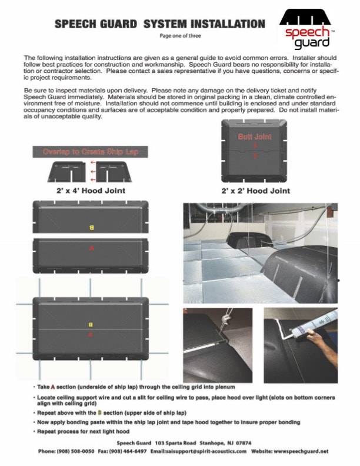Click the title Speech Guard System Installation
pyautogui.click(x=159, y=24)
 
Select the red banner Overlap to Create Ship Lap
pyautogui.click(x=90, y=152)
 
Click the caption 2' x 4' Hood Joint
pyautogui.click(x=86, y=191)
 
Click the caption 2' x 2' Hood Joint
pyautogui.click(x=256, y=191)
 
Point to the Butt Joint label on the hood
pyautogui.click(x=255, y=137)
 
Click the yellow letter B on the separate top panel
pyautogui.click(x=91, y=227)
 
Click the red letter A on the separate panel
pyautogui.click(x=91, y=249)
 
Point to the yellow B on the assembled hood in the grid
pyautogui.click(x=91, y=324)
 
